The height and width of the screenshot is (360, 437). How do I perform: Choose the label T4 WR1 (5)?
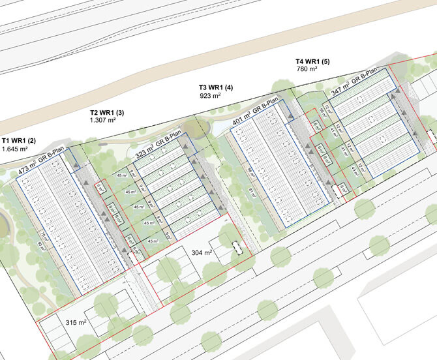pos(314,61)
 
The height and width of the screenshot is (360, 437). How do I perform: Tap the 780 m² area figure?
pos(307,70)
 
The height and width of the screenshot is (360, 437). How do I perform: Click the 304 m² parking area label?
pos(202,252)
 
